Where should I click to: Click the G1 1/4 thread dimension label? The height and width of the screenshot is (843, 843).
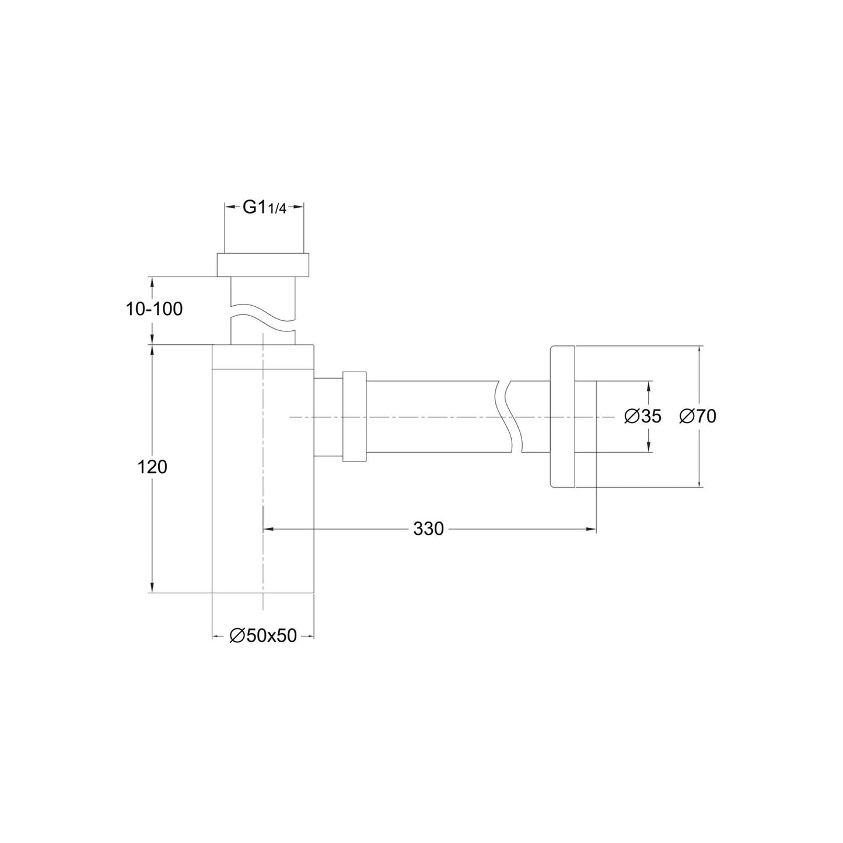pyautogui.click(x=264, y=207)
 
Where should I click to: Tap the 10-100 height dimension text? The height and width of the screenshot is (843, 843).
pyautogui.click(x=154, y=309)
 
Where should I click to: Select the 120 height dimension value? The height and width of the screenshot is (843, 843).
pyautogui.click(x=152, y=467)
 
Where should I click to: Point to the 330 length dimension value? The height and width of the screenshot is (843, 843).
pyautogui.click(x=429, y=529)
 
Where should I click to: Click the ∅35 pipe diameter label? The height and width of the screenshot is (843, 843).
pyautogui.click(x=642, y=417)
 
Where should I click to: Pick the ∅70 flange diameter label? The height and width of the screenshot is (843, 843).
pyautogui.click(x=698, y=417)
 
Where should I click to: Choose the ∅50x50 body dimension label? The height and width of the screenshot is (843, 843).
pyautogui.click(x=263, y=636)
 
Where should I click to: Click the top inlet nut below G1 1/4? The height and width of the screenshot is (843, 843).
pyautogui.click(x=263, y=265)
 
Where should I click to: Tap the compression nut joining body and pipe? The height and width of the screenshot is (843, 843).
pyautogui.click(x=355, y=417)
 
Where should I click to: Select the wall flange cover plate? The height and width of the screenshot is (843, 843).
pyautogui.click(x=562, y=417)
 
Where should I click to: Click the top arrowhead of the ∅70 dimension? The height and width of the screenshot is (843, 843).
pyautogui.click(x=699, y=351)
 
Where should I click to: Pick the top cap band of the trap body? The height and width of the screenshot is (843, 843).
pyautogui.click(x=263, y=357)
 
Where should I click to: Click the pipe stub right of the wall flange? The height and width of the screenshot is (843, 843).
pyautogui.click(x=585, y=417)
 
